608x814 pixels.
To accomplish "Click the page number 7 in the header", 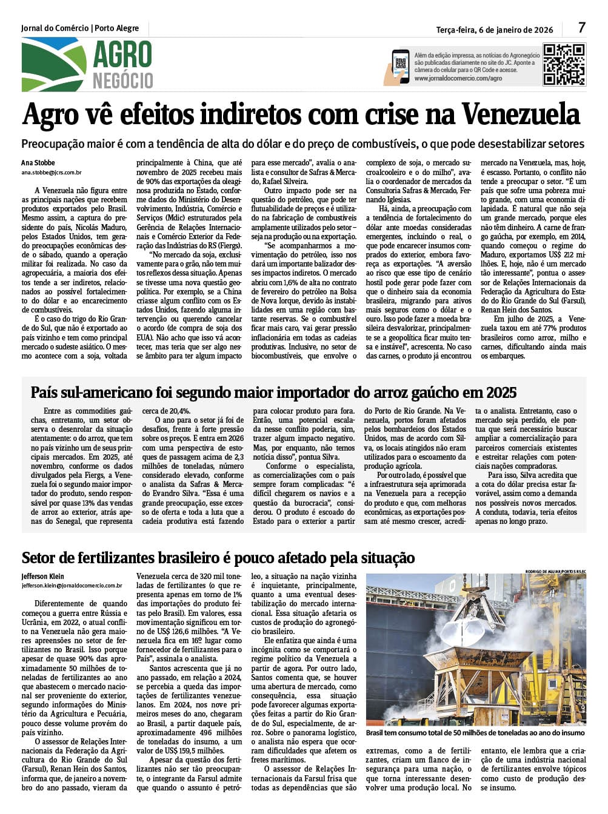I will pos(581,28).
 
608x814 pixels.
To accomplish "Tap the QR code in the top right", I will pos(564,65).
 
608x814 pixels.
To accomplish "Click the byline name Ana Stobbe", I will pos(38,162).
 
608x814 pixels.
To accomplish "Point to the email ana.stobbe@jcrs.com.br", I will pos(52,173).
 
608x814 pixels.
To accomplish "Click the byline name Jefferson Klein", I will pos(42,576).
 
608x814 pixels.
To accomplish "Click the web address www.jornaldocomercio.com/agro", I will pos(458,79).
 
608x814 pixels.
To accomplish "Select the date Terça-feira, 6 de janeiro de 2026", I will pos(495,29).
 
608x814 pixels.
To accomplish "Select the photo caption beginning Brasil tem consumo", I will pos(476,733).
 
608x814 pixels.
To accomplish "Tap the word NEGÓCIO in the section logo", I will pos(122,81).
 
